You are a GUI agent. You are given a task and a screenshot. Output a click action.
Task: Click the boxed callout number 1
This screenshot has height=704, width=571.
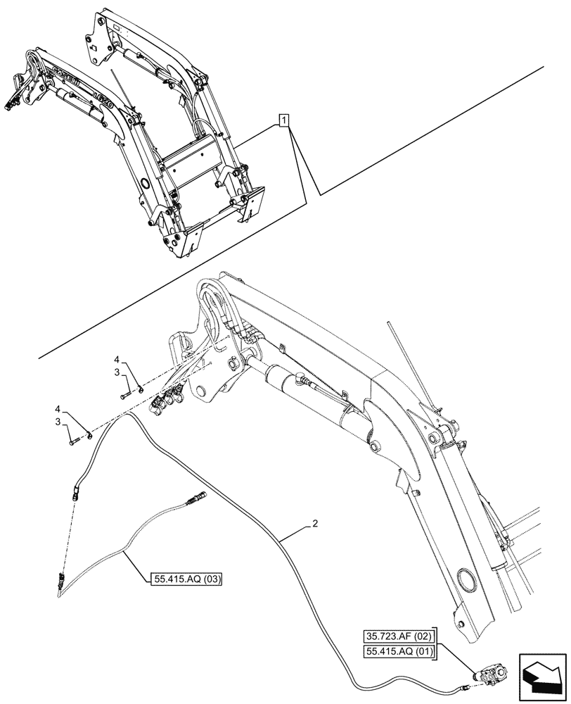(283, 120)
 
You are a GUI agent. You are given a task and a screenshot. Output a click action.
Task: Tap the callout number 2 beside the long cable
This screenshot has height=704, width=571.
(316, 524)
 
